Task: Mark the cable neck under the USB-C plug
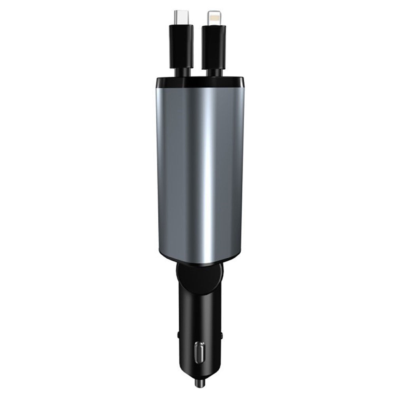[x=182, y=72]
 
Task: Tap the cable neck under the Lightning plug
[x=215, y=72]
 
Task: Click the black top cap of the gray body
[x=200, y=82]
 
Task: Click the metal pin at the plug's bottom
[x=199, y=383]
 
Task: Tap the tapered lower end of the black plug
[x=199, y=370]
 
